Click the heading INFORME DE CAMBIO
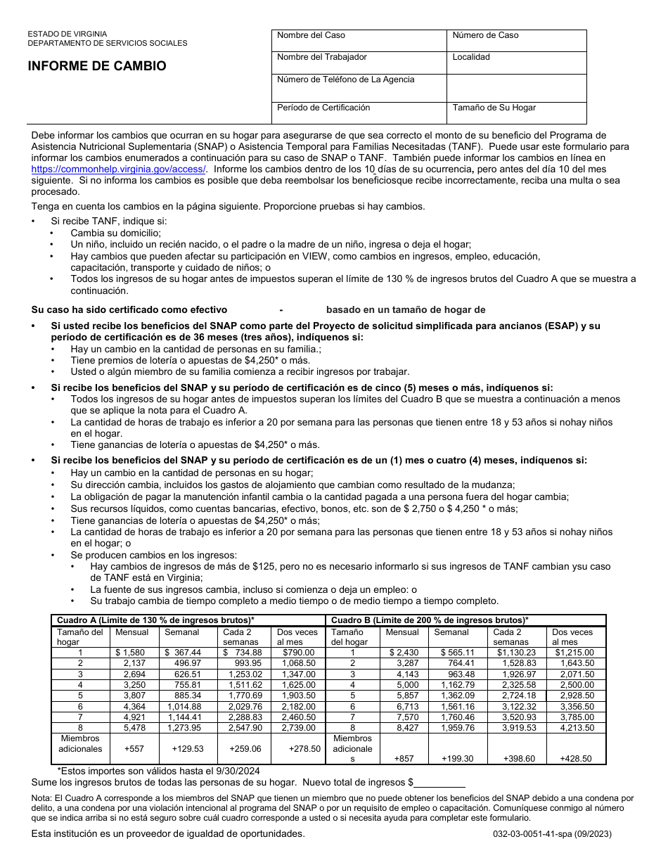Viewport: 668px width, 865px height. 97,66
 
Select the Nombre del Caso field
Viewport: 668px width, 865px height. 359,41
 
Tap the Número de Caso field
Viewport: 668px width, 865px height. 516,41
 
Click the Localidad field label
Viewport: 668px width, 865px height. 471,57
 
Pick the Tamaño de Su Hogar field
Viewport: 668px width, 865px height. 516,113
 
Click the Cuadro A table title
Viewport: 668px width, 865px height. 155,620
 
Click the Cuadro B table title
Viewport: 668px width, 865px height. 430,620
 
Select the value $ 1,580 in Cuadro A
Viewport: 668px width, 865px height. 130,653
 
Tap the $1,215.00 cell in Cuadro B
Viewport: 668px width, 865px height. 574,653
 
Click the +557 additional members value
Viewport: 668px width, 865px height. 134,749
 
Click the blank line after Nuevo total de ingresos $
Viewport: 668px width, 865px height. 439,783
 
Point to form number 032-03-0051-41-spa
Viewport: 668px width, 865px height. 552,834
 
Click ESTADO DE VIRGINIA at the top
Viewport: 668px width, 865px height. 68,34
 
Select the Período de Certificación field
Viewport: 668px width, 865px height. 359,113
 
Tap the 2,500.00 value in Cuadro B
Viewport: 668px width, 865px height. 577,685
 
